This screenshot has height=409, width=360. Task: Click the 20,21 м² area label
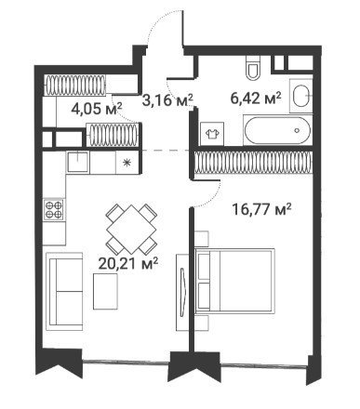128,264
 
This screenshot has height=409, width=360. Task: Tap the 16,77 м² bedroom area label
261,209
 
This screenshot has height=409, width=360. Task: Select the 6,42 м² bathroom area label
256,99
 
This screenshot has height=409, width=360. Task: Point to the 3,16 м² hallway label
167,100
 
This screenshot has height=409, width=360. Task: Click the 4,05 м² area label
97,109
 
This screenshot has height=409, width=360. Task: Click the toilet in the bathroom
253,68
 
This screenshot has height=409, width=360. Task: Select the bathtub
277,130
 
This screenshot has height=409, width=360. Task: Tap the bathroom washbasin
300,96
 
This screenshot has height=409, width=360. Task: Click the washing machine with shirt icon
212,133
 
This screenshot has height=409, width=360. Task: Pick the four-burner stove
54,210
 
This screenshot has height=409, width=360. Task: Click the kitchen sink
77,162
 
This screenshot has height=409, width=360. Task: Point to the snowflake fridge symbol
127,163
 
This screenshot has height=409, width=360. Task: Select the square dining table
131,230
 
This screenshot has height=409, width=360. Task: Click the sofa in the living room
64,292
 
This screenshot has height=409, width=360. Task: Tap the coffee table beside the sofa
105,291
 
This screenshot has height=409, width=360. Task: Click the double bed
234,282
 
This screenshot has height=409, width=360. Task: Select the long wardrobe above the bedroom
253,162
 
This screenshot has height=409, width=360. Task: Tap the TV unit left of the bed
182,293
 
